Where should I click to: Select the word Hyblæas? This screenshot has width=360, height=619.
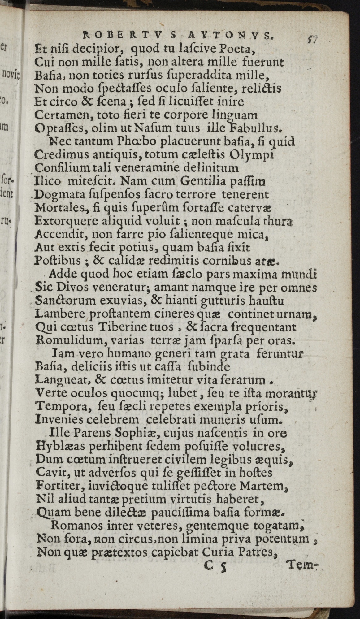pyautogui.click(x=60, y=446)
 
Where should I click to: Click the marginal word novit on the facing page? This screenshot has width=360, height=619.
pyautogui.click(x=11, y=74)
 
